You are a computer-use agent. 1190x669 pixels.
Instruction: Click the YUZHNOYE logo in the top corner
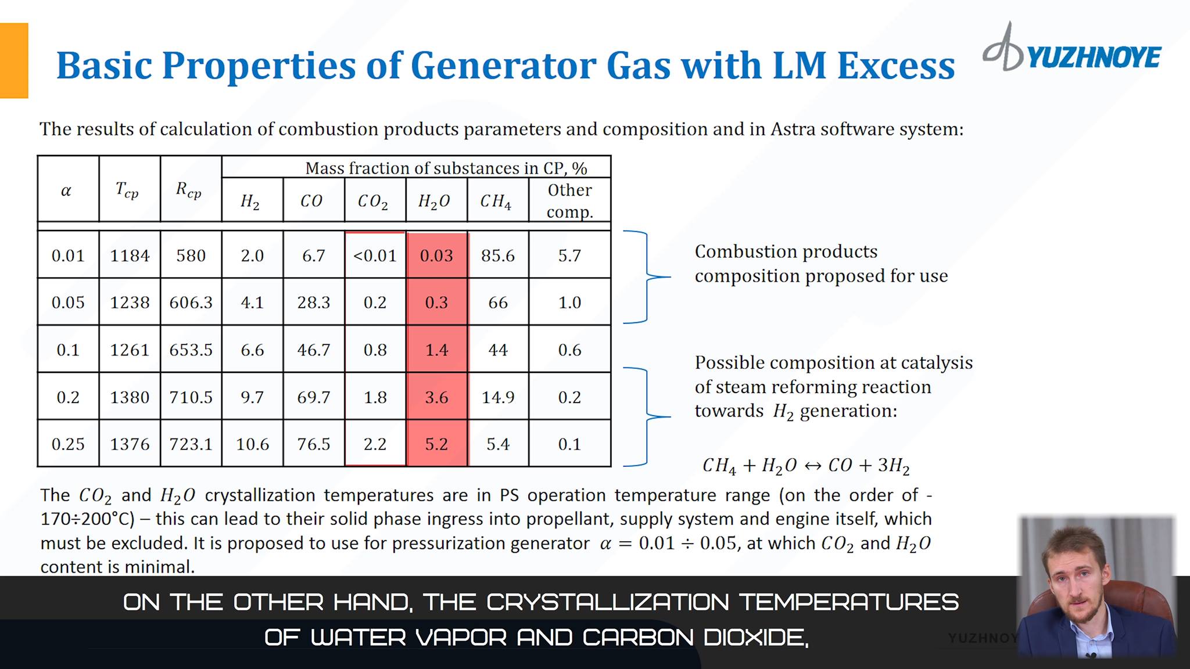coord(1073,52)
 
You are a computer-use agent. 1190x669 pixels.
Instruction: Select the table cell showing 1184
coord(130,256)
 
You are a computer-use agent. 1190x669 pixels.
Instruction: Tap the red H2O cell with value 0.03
coord(436,256)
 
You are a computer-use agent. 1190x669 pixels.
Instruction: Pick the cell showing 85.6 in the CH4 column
coord(498,256)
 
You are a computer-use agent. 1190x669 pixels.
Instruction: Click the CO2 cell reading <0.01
coord(375,256)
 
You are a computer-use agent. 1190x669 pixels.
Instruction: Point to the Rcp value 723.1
coord(191,444)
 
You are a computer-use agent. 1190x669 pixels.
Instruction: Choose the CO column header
coord(311,201)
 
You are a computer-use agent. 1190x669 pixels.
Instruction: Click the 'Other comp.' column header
coord(569,200)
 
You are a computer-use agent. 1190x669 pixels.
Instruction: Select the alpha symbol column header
coord(66,191)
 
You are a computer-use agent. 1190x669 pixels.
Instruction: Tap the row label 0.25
coord(68,444)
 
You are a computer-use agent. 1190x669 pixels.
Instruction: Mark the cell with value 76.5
coord(314,444)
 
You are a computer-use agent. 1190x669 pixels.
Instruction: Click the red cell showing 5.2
coord(436,444)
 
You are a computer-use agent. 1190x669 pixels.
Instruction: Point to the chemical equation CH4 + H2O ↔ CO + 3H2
coord(806,466)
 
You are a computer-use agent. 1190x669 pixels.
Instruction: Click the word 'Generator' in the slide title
coord(504,65)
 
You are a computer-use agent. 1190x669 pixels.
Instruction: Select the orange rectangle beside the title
coord(14,60)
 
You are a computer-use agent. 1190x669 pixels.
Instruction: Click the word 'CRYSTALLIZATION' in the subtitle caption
coord(607,602)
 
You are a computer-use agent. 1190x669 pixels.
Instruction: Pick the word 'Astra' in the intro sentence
coord(793,129)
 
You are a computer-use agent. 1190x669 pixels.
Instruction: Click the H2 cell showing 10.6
coord(252,444)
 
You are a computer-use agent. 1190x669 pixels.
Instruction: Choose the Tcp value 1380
coord(130,397)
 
